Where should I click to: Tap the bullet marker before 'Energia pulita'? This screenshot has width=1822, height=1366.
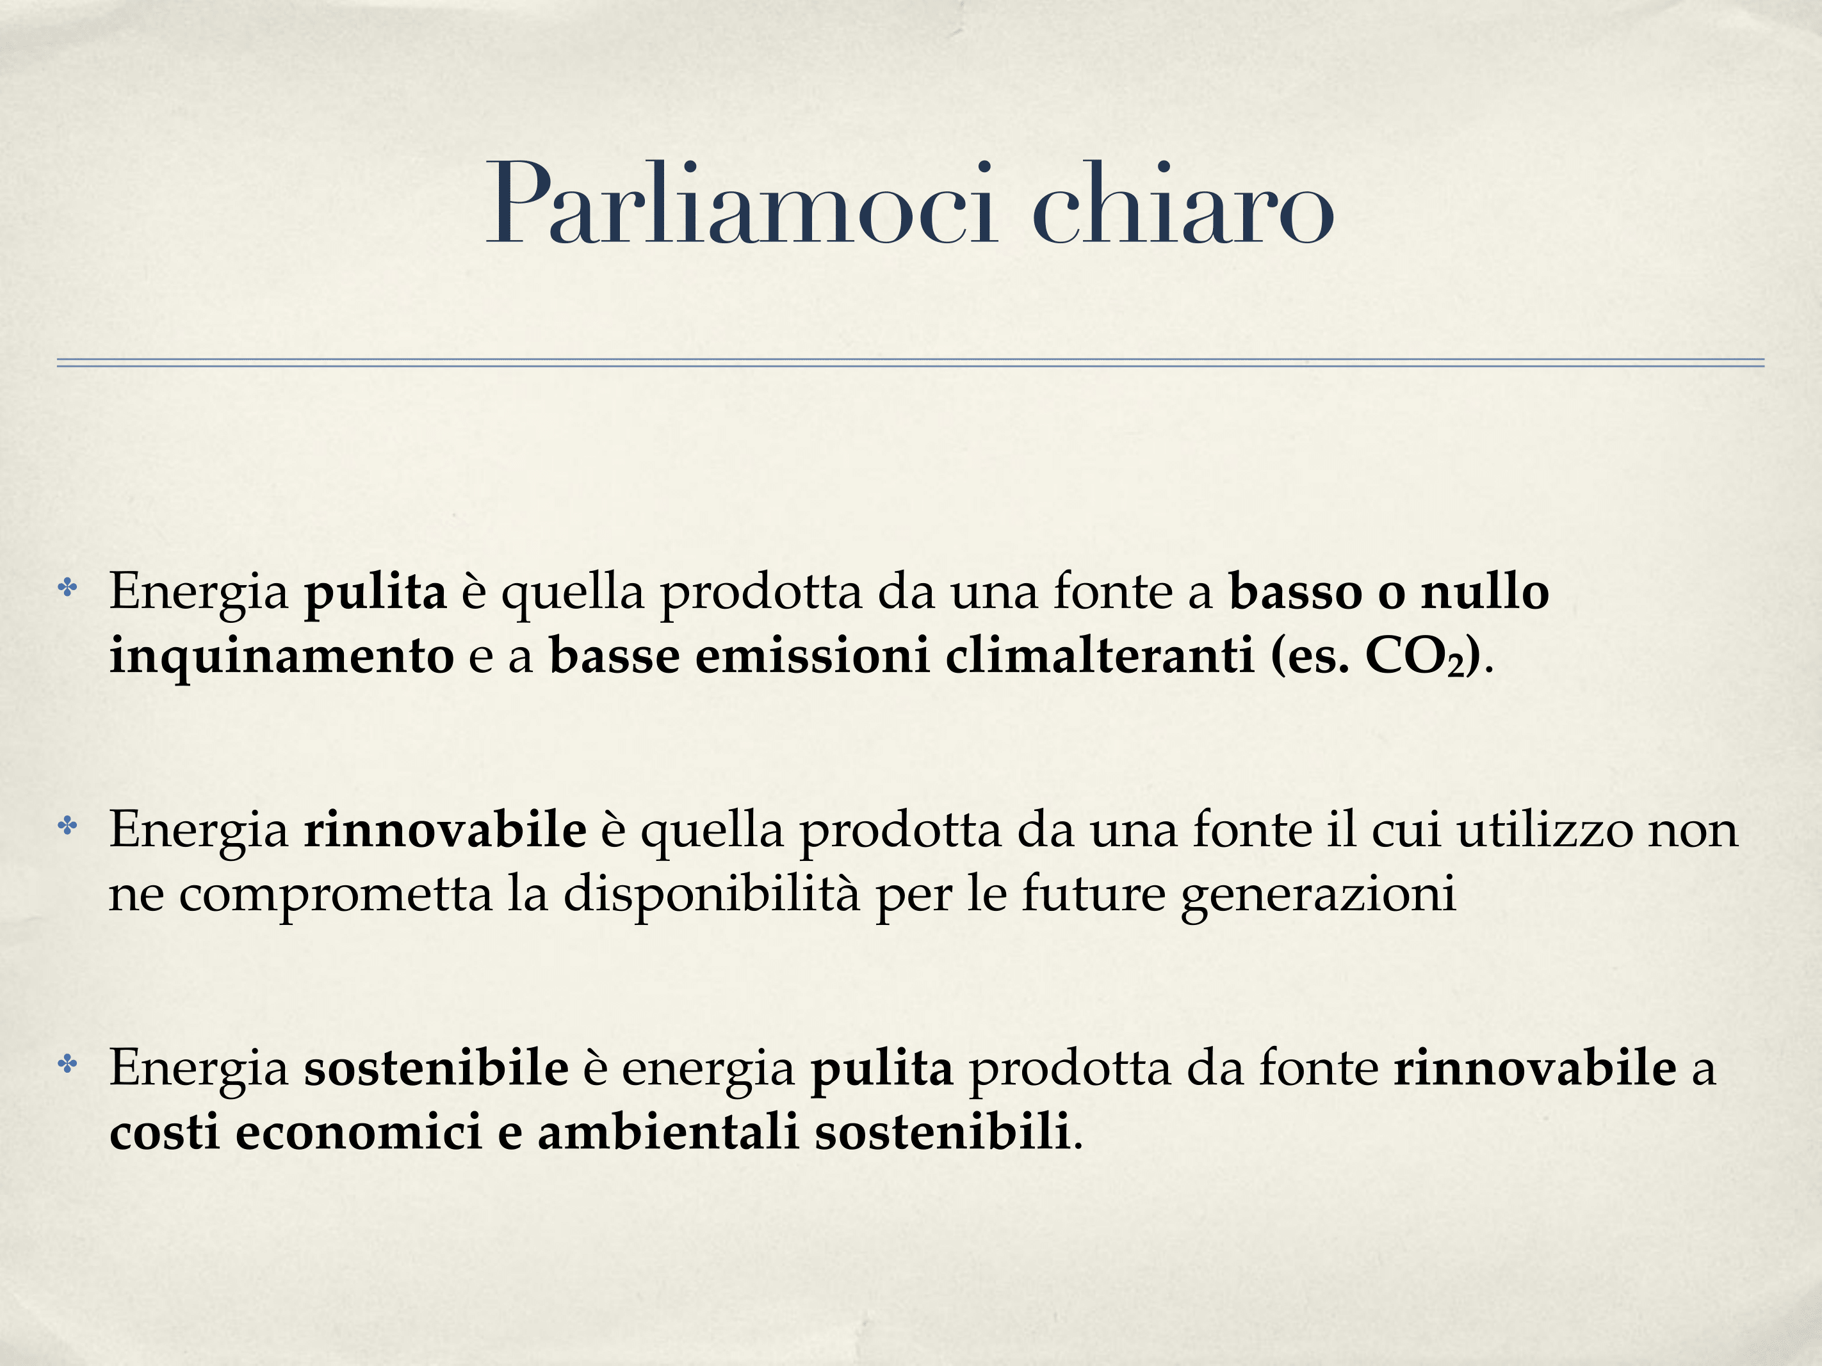(67, 588)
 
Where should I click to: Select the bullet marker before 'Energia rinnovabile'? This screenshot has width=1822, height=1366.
(67, 826)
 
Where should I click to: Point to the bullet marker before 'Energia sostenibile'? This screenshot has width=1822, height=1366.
(67, 1065)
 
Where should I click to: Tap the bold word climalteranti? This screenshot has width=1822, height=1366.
(1100, 656)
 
